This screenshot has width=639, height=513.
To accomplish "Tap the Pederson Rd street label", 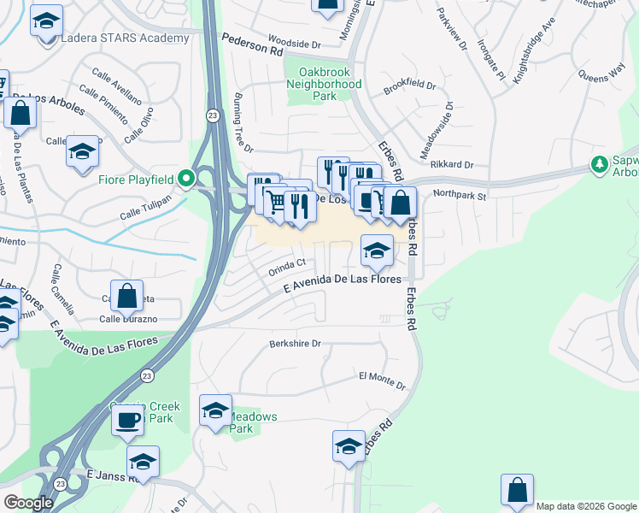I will [252, 45].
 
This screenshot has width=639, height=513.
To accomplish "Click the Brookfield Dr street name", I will [410, 86].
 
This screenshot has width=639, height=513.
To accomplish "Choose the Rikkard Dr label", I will [452, 164].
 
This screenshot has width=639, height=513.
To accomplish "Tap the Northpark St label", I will [459, 195].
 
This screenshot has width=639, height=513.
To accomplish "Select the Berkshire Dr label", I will [295, 344].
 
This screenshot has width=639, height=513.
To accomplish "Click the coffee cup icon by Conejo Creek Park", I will [128, 420].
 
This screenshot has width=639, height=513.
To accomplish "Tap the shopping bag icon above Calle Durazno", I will [126, 296].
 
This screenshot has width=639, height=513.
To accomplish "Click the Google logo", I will [29, 502].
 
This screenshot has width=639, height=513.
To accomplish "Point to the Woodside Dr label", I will [293, 40].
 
